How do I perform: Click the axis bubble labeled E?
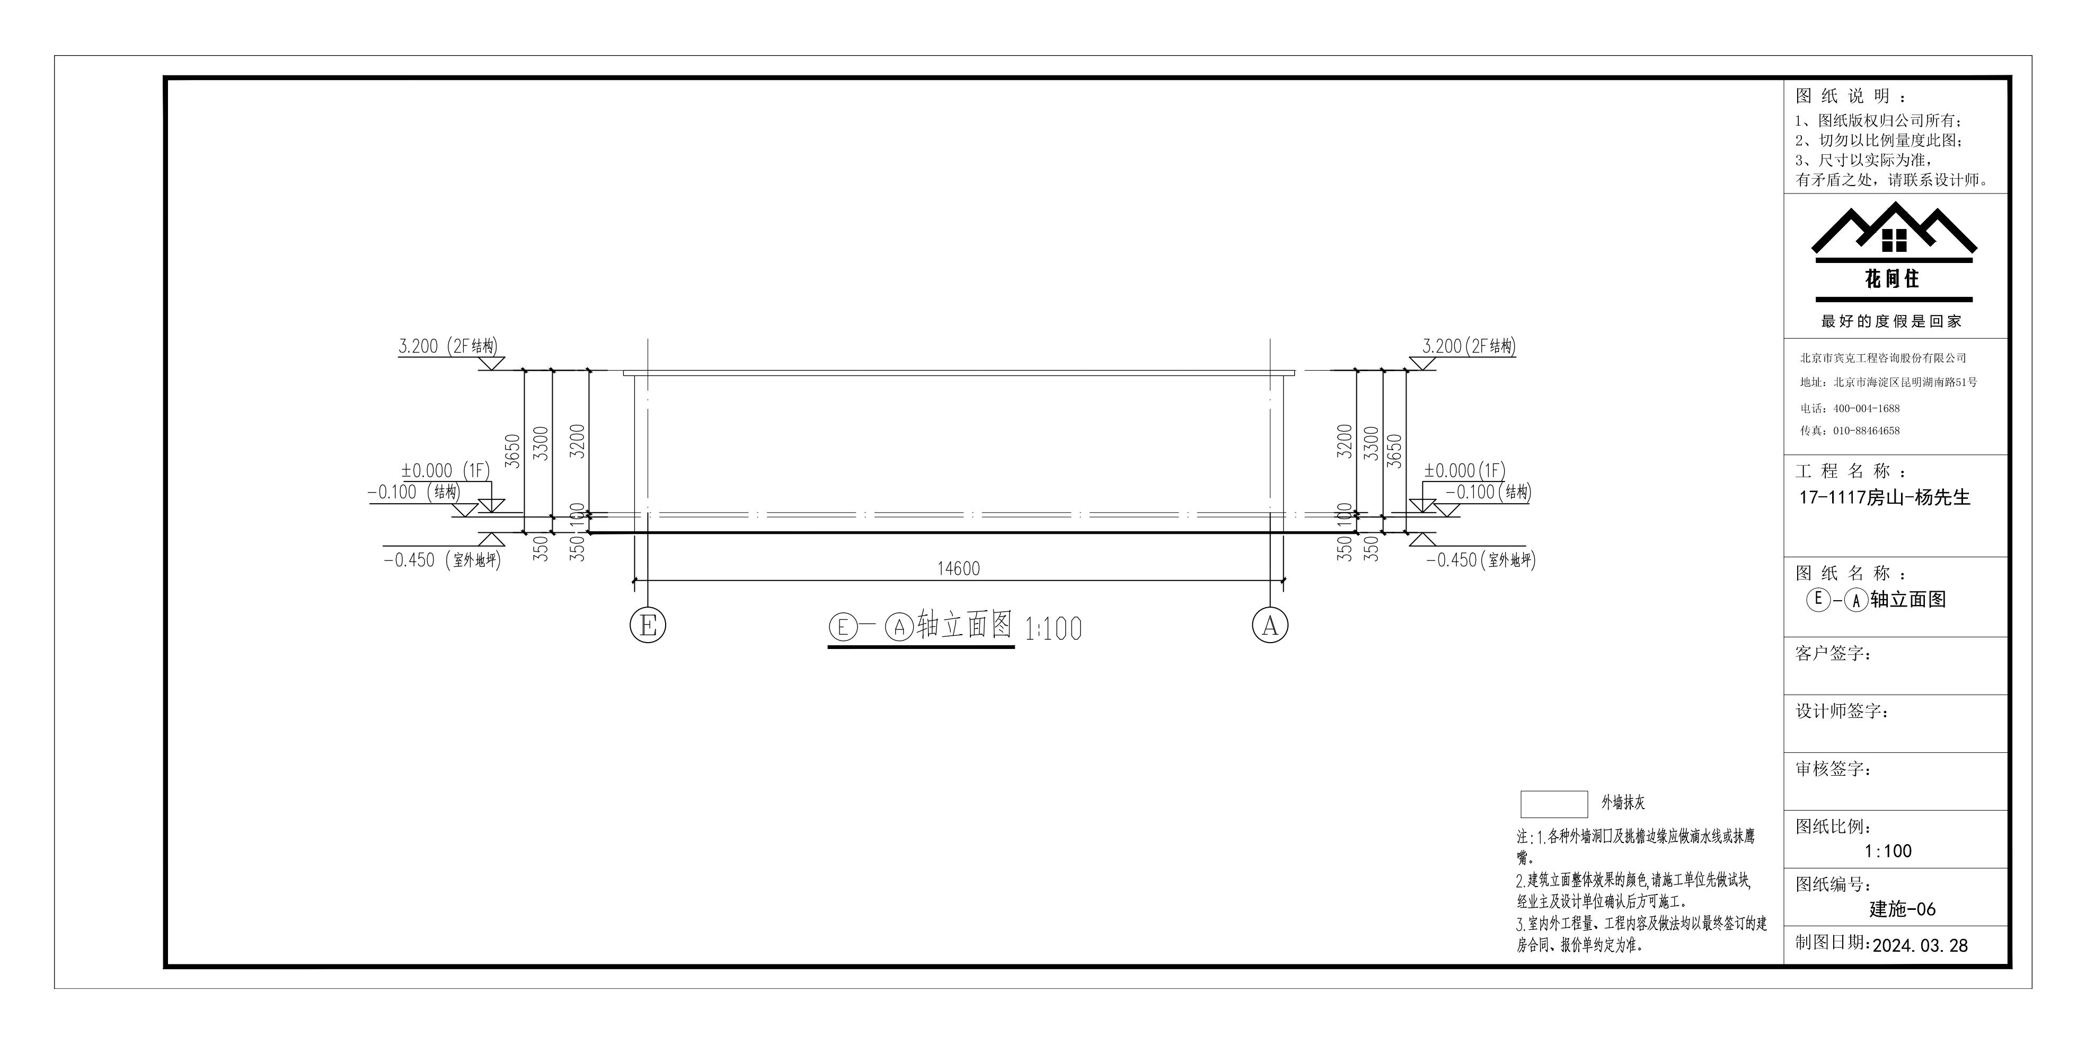click(648, 625)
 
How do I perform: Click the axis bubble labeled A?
click(1270, 625)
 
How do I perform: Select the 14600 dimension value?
click(959, 568)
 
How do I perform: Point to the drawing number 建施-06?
click(1902, 909)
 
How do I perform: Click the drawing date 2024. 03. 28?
click(1920, 945)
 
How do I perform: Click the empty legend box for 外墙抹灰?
click(1554, 804)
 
